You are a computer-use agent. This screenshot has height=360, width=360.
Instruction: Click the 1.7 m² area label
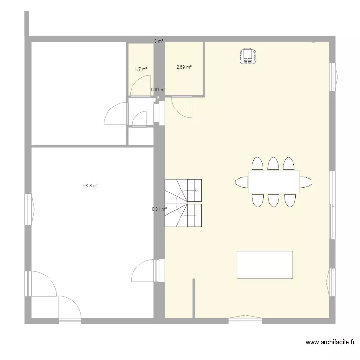pos(141,69)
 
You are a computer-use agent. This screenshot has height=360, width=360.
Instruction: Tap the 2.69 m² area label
pos(184,67)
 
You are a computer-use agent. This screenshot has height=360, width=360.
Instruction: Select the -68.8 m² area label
pos(90,185)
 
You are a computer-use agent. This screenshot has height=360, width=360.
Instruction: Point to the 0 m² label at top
pos(159,41)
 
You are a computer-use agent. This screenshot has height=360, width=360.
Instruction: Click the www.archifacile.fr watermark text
pos(330,342)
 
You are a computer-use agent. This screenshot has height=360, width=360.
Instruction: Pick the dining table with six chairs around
pos(274,182)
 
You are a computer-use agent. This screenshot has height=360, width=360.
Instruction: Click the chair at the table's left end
pos(242,182)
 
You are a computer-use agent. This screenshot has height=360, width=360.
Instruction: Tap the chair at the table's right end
pos(306,182)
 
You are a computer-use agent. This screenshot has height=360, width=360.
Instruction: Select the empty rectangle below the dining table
pos(264,264)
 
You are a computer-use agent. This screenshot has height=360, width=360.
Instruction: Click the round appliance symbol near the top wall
pos(248,56)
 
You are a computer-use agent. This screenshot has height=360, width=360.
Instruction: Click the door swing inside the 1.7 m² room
pos(141,85)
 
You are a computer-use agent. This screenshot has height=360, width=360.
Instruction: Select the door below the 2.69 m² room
pos(181,107)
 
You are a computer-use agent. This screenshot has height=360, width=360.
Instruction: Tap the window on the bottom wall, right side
pos(245,319)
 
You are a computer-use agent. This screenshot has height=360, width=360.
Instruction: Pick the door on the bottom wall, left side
pos(70,310)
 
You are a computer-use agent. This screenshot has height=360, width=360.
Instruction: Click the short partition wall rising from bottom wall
pos(194,299)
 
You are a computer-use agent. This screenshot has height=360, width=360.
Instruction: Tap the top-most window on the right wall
pos(334,77)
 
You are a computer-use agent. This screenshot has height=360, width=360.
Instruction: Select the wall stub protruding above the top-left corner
pos(27,24)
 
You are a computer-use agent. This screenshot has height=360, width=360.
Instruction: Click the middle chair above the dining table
pos(273,164)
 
